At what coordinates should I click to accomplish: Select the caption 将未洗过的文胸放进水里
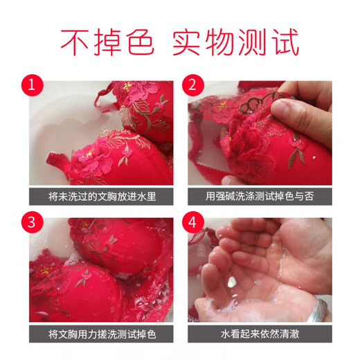click(101, 196)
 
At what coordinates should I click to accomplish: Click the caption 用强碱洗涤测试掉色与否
click(260, 196)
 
